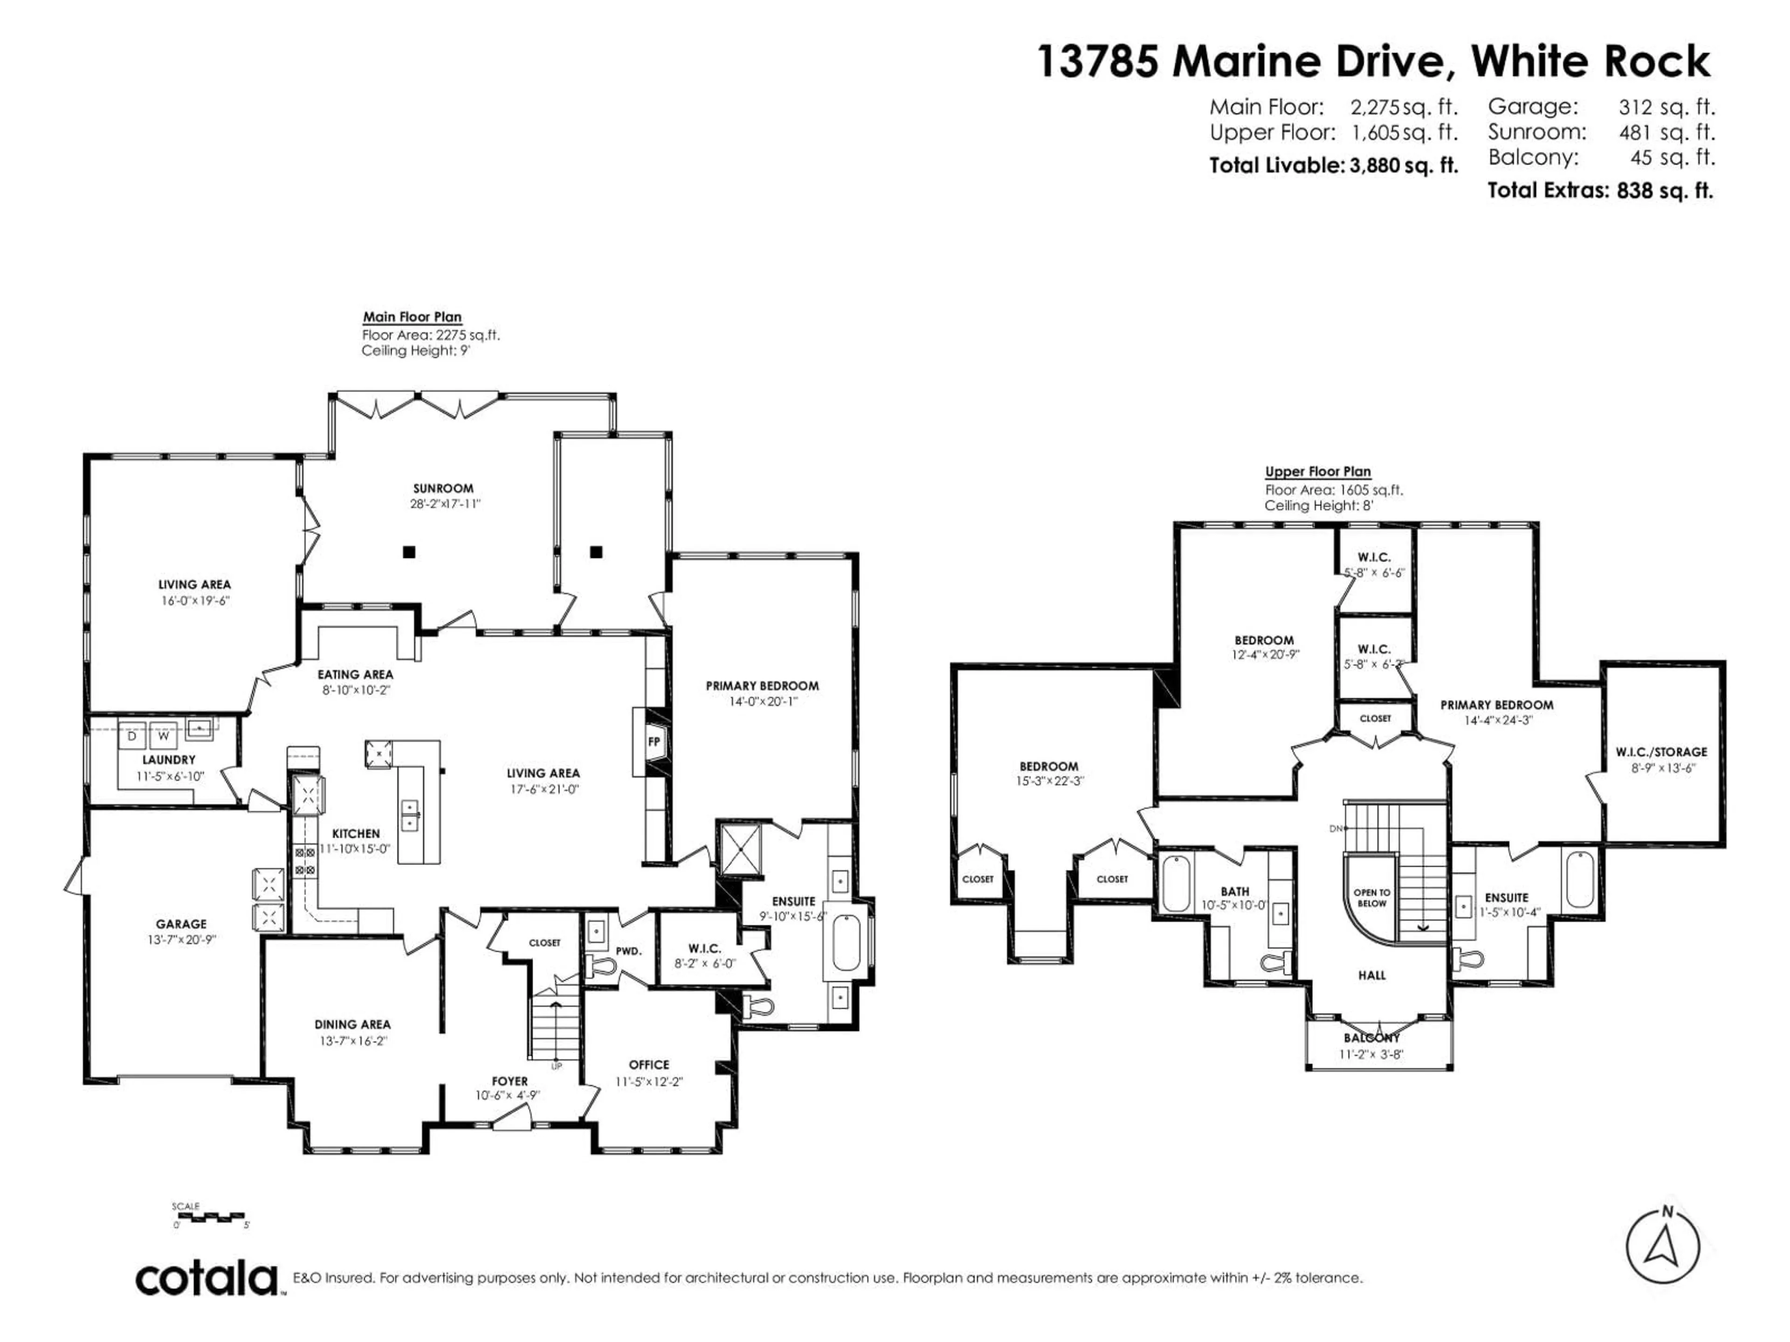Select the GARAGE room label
pyautogui.click(x=181, y=924)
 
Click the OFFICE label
pyautogui.click(x=649, y=1065)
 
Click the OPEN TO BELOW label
pyautogui.click(x=1371, y=898)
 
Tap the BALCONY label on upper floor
pyautogui.click(x=1371, y=1038)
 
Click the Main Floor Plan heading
pyautogui.click(x=412, y=317)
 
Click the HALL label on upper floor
pyautogui.click(x=1371, y=976)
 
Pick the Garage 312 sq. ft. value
pyautogui.click(x=1666, y=107)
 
